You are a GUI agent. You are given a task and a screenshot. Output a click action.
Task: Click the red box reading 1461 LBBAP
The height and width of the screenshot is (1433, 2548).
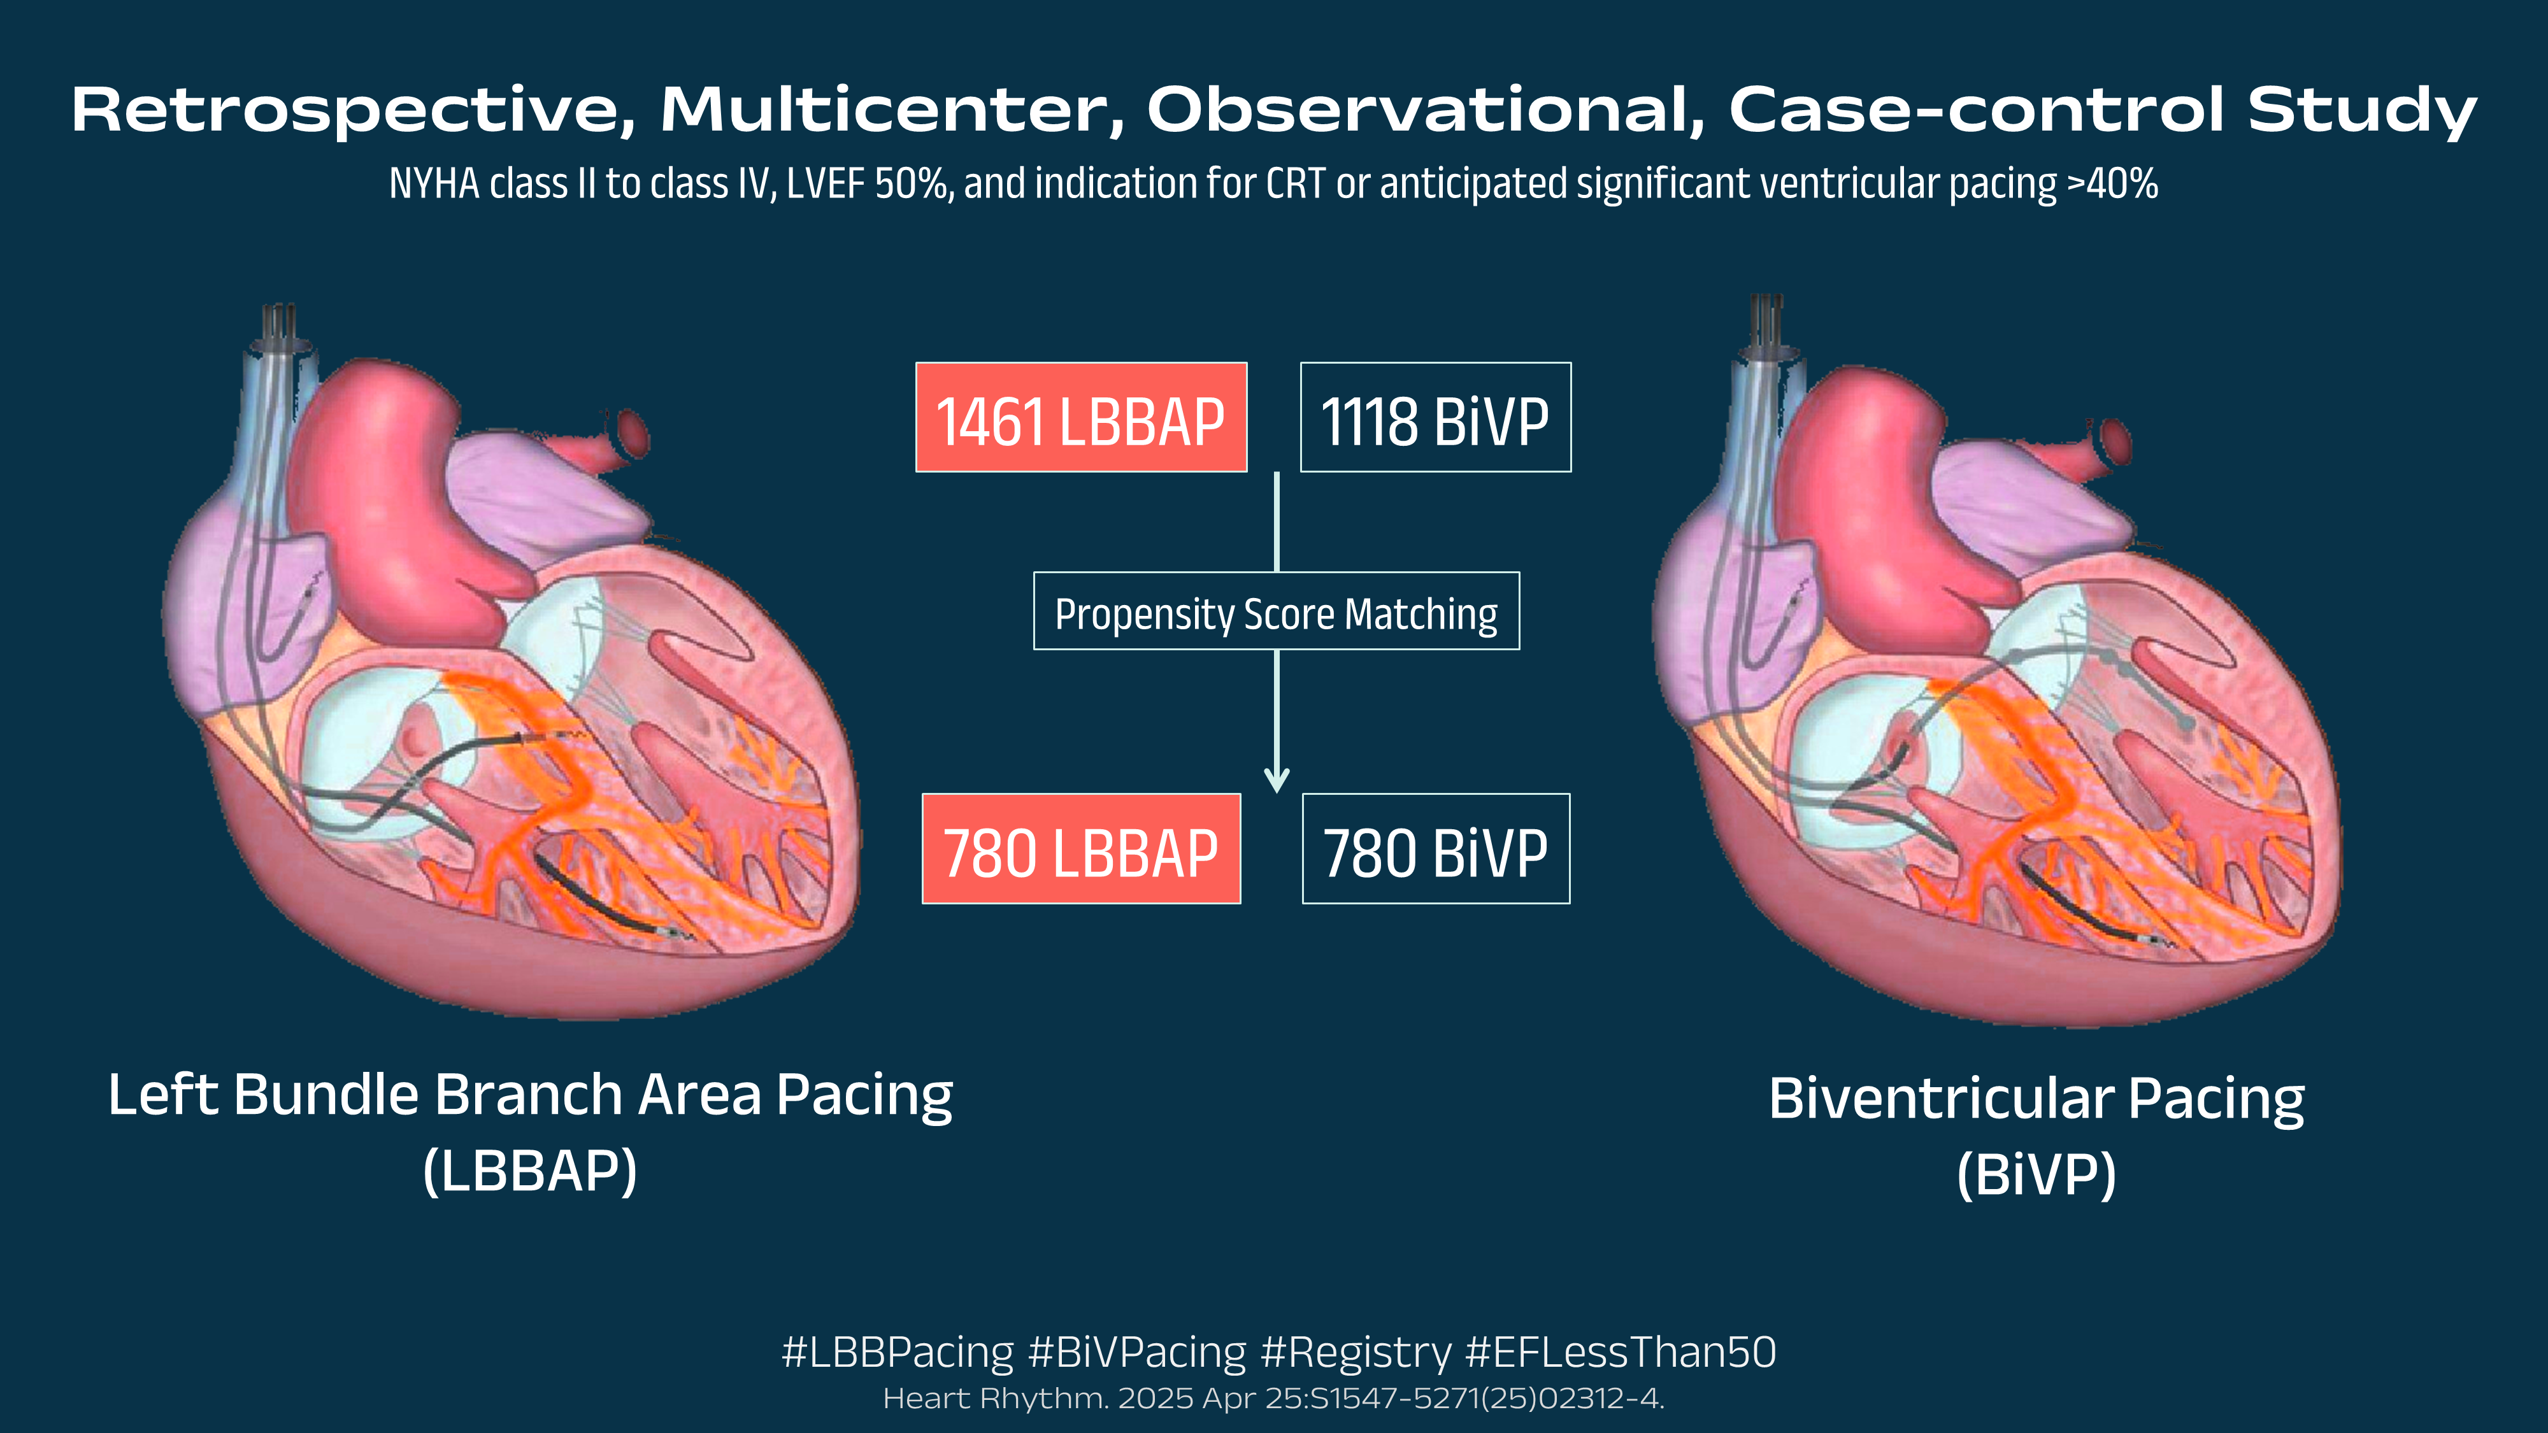click(1081, 417)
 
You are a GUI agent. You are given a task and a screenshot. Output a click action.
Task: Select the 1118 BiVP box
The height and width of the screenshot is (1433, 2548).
click(1435, 417)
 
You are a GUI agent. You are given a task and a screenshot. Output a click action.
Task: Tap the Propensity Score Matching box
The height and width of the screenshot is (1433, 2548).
click(1276, 611)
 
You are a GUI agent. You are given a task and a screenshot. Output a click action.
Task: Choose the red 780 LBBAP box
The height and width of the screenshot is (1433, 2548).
click(1081, 848)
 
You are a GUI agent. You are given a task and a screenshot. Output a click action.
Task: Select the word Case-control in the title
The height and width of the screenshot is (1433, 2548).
click(1976, 109)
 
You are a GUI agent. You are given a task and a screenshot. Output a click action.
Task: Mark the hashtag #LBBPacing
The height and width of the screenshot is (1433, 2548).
click(897, 1352)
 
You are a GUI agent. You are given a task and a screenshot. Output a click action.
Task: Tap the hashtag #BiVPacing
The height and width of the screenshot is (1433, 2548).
click(1138, 1352)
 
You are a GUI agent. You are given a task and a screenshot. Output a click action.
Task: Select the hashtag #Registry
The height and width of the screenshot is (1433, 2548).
click(1356, 1352)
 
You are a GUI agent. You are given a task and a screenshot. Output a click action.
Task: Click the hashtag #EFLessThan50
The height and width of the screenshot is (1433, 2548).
click(1620, 1352)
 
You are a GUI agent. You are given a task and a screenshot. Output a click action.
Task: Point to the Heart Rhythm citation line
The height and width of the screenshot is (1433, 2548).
click(1274, 1399)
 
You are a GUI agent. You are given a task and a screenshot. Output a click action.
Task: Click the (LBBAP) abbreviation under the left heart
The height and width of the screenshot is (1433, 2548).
click(530, 1171)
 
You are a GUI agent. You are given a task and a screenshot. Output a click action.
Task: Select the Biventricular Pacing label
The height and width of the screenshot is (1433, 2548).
click(2036, 1098)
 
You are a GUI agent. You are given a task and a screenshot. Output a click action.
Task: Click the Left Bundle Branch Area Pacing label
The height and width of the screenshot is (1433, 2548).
click(530, 1095)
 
